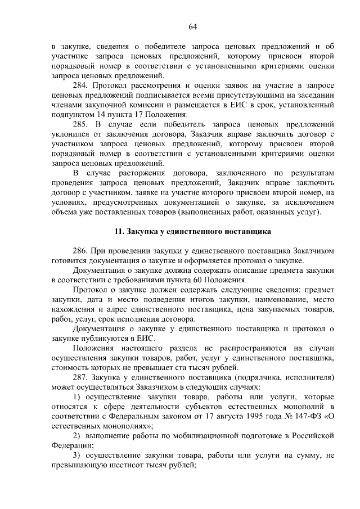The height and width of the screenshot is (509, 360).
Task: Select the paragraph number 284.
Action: (81, 85)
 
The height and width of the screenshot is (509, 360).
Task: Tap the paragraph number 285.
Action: (81, 123)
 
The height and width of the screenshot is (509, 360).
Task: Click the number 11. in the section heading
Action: (118, 231)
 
